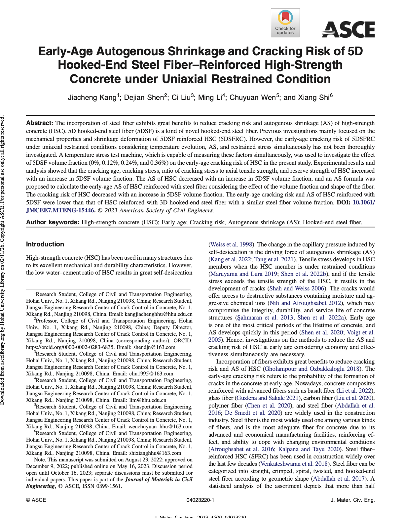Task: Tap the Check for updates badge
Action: (x=285, y=22)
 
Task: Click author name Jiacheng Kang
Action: (x=92, y=98)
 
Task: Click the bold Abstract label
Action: (x=40, y=123)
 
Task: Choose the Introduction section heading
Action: (x=45, y=244)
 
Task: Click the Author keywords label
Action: (x=53, y=222)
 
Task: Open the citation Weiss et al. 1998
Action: (x=232, y=245)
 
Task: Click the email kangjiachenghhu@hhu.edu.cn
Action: (x=159, y=314)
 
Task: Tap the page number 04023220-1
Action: (x=200, y=500)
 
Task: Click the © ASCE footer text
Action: (x=36, y=500)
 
